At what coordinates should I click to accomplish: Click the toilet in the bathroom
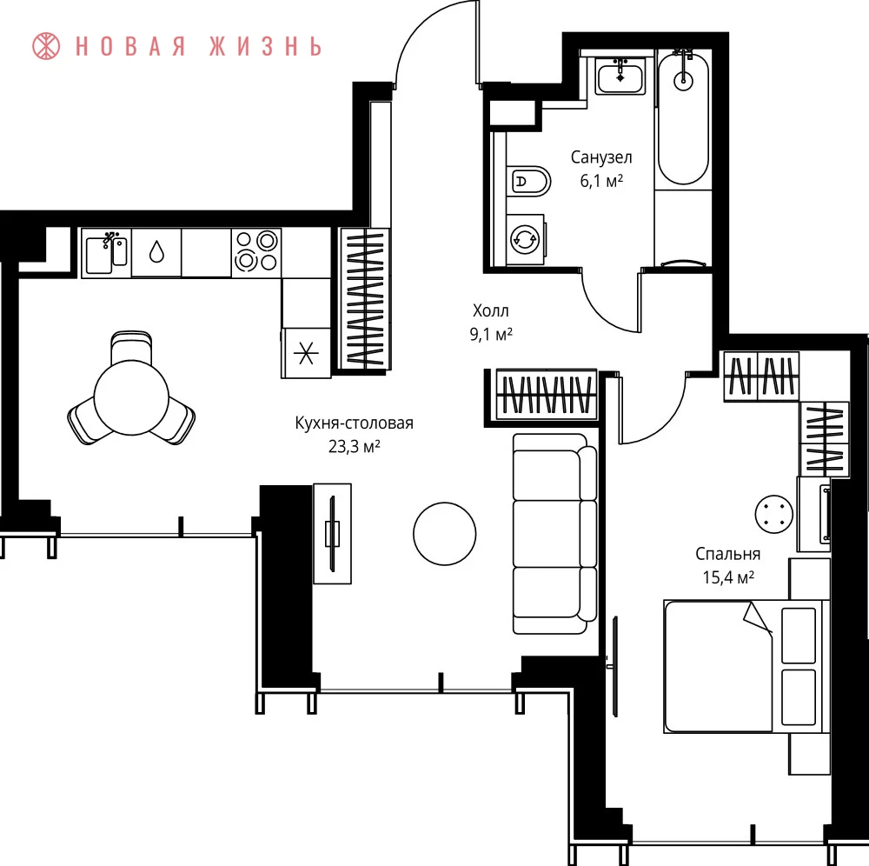[528, 181]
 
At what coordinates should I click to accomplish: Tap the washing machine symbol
[525, 240]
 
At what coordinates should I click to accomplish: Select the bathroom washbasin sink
[620, 77]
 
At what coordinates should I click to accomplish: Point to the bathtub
[683, 119]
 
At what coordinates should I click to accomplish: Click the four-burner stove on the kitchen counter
[256, 253]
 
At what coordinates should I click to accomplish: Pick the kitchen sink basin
[106, 253]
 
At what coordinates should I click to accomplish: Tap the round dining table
[131, 397]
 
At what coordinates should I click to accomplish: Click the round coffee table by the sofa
[444, 533]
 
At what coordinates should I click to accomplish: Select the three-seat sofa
[554, 533]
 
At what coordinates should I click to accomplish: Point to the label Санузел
[601, 157]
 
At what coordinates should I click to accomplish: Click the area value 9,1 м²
[491, 334]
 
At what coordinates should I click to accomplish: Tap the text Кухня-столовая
[355, 423]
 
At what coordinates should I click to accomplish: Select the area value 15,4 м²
[728, 577]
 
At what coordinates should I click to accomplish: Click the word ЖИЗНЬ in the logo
[265, 47]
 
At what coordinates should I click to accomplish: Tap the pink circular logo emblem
[46, 46]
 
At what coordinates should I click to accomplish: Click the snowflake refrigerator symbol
[306, 353]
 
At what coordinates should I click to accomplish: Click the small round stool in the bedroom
[773, 514]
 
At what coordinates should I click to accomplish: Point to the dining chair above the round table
[131, 347]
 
